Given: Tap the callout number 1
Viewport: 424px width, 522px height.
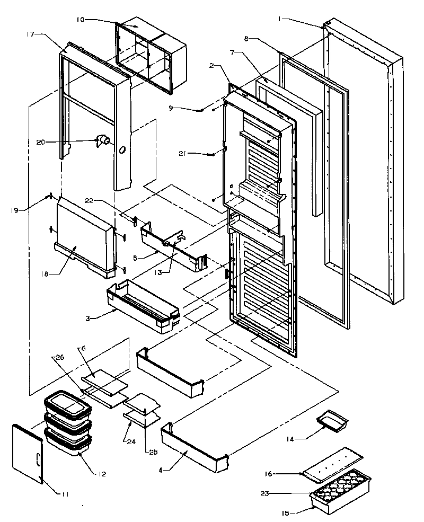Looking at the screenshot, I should pyautogui.click(x=279, y=19).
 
